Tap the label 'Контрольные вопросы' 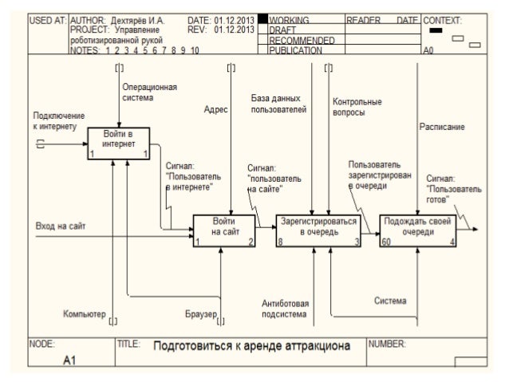click(356, 108)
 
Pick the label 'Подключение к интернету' click(54, 121)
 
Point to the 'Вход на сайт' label click(61, 226)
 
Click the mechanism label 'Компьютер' click(84, 315)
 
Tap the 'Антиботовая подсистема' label click(286, 309)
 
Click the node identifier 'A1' click(69, 360)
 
